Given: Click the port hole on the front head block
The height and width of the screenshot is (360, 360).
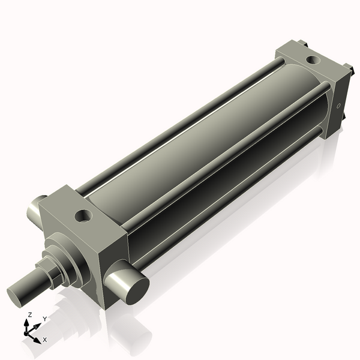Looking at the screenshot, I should (83, 214).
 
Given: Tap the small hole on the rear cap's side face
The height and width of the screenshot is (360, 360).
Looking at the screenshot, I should (339, 106).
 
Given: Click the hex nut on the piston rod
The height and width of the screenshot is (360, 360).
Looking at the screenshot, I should (50, 271).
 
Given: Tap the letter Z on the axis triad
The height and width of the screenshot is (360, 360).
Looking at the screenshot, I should (29, 314).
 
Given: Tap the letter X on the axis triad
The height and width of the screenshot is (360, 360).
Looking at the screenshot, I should (44, 340).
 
